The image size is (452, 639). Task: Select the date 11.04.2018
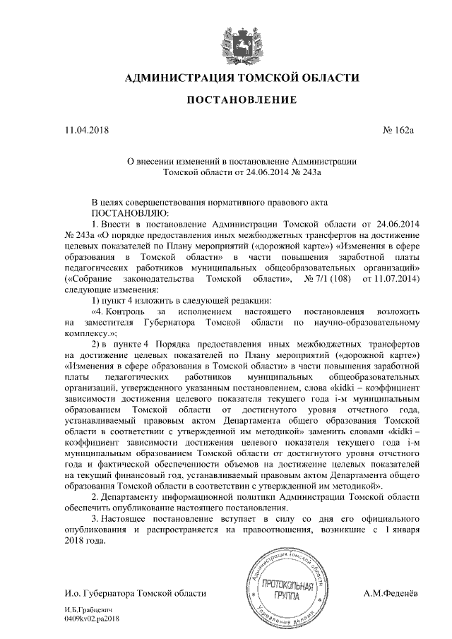(x=87, y=130)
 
